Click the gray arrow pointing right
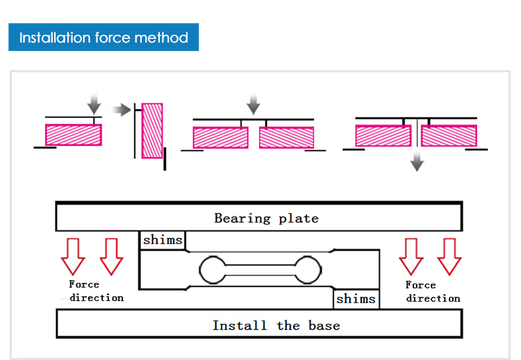point(122,109)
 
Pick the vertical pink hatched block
point(152,131)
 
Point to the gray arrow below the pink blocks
point(417,162)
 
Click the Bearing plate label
point(266,218)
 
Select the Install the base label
point(276,325)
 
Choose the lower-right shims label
point(356,300)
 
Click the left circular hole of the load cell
point(212,269)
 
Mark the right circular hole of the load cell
point(308,269)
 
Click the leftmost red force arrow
point(73,256)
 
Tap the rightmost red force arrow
point(449,256)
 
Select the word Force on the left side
point(84,284)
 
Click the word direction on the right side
point(433,298)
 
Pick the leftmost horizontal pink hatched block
point(74,134)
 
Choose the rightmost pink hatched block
point(449,136)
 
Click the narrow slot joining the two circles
point(260,269)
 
